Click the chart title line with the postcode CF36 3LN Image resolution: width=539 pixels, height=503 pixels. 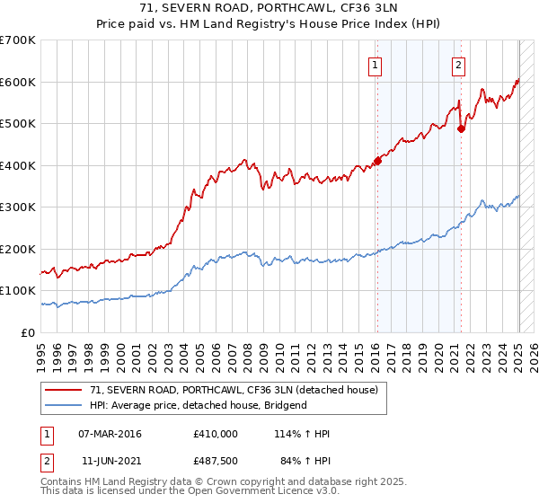click(x=269, y=8)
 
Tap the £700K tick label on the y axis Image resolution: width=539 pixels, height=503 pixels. click(x=18, y=40)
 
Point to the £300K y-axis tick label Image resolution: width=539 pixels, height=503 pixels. click(x=18, y=207)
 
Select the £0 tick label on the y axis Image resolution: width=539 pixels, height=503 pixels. click(x=29, y=332)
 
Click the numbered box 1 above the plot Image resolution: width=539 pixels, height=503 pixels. click(x=374, y=64)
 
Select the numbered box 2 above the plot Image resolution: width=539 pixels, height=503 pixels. click(x=458, y=64)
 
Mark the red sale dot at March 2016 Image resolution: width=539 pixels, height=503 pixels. click(x=378, y=161)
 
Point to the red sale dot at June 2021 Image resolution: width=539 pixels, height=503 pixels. click(x=462, y=128)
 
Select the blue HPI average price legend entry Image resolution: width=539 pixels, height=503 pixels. click(x=198, y=405)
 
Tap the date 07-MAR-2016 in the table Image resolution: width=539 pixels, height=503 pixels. click(x=110, y=434)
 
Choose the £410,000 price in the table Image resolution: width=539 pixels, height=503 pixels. click(x=216, y=434)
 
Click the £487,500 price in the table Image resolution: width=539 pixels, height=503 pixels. click(x=216, y=462)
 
